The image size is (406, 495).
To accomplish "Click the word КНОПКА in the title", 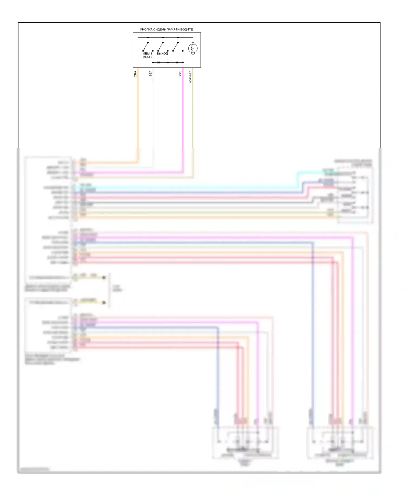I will point(146,29).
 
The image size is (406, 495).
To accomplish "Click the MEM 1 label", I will point(147,53).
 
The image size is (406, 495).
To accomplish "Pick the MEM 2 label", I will point(147,57).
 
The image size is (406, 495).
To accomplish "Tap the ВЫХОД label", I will point(162,53).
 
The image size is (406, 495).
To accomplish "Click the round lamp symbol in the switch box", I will point(193,49).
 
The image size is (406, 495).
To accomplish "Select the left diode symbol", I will point(159,62).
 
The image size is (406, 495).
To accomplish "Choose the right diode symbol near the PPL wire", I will point(177,62).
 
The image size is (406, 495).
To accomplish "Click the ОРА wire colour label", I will point(135,74).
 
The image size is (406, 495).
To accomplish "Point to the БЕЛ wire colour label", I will point(150,73).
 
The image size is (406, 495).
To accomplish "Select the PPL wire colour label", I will point(180,73).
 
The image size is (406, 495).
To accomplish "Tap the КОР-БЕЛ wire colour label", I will point(190,77).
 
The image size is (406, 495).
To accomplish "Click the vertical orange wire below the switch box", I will point(138,114).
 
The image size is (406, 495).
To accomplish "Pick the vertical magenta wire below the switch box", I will point(183,114).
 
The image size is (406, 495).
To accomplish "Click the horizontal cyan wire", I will point(189,187).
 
